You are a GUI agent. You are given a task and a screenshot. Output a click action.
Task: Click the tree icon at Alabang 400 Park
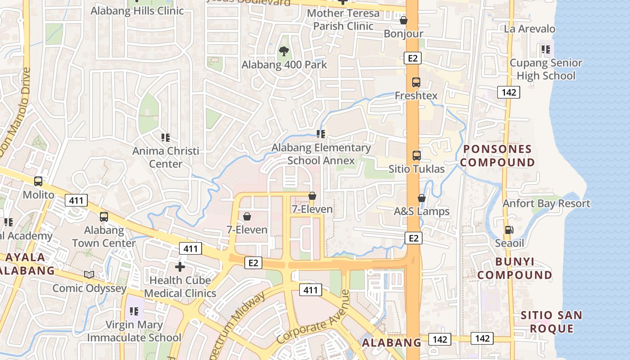point(283,51)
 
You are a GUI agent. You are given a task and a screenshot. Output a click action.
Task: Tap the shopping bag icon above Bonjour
point(404,20)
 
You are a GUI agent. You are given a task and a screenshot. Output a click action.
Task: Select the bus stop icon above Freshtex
point(416,82)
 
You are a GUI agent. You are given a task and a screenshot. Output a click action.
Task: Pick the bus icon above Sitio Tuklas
point(416,156)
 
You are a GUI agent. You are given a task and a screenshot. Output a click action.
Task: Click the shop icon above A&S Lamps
point(422,198)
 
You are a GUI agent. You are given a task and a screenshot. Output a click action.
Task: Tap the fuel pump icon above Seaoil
point(509,229)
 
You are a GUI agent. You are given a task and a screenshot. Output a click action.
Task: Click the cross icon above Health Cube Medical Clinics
point(180,267)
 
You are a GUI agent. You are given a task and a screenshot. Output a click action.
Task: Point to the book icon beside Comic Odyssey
point(89,274)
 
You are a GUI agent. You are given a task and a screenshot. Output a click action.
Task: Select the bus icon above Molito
point(38,181)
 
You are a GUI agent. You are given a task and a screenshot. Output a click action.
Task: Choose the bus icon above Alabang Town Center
point(104,217)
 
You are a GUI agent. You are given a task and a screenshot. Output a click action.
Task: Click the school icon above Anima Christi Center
point(166,137)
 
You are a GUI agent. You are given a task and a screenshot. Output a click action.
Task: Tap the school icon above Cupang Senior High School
point(546,49)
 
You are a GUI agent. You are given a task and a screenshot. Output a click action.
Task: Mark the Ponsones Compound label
point(497,156)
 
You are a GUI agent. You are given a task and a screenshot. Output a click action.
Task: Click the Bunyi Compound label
point(515,268)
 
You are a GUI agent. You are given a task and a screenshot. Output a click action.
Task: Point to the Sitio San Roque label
point(551,322)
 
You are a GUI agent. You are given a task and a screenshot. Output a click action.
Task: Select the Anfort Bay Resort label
point(546,203)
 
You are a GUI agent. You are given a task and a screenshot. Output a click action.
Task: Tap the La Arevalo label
point(530,29)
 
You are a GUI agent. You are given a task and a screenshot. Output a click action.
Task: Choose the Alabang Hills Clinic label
point(137,11)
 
